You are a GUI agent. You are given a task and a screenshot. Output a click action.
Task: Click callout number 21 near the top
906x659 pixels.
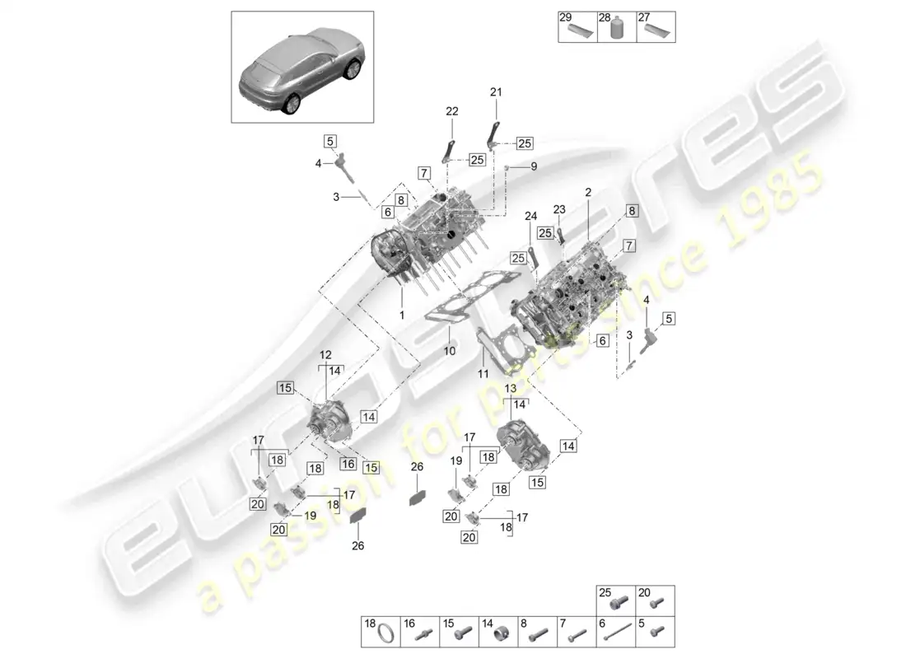click(x=495, y=92)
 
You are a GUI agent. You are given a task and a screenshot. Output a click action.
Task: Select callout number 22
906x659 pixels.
click(x=452, y=111)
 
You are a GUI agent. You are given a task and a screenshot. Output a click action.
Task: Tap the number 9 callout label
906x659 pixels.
click(x=533, y=166)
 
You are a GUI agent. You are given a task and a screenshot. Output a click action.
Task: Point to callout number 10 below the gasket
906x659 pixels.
click(x=449, y=351)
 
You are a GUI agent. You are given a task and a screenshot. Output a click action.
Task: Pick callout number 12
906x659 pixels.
click(x=325, y=355)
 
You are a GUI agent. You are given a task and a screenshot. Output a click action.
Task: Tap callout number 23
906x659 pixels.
click(x=559, y=209)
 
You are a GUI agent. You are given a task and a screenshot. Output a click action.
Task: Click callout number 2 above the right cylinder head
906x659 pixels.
click(x=589, y=192)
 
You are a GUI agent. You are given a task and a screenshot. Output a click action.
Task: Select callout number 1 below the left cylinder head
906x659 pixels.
click(x=403, y=315)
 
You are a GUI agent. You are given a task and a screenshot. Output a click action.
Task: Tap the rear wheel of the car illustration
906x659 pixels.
click(x=292, y=103)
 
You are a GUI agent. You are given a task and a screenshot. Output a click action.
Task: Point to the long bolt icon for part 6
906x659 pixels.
click(x=619, y=634)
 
